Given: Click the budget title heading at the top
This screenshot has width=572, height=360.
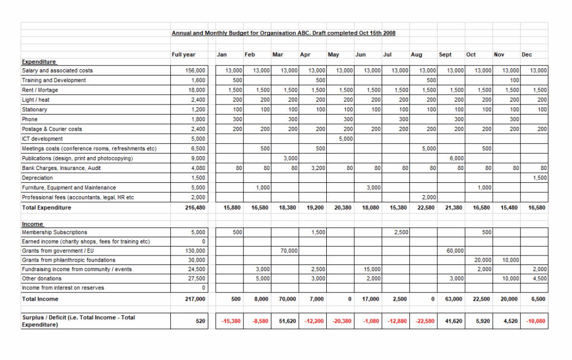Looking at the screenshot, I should pyautogui.click(x=283, y=34).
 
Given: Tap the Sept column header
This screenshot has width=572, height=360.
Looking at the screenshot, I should pyautogui.click(x=445, y=55).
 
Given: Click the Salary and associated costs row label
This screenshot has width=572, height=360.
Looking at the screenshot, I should pyautogui.click(x=58, y=70).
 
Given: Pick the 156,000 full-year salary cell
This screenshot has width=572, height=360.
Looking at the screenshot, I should pyautogui.click(x=196, y=70).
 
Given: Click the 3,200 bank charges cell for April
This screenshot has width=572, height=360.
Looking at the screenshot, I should pyautogui.click(x=317, y=168).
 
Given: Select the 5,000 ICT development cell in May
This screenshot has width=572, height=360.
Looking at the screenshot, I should pyautogui.click(x=345, y=139).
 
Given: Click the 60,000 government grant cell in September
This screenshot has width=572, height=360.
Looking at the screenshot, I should pyautogui.click(x=455, y=251).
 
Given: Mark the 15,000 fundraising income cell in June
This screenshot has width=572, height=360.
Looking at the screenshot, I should pyautogui.click(x=371, y=269).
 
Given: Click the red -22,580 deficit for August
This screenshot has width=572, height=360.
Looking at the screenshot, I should pyautogui.click(x=426, y=321).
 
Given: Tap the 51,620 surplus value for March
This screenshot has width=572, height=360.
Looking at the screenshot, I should pyautogui.click(x=287, y=321).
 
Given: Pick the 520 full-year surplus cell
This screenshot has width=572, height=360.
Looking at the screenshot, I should pyautogui.click(x=200, y=321).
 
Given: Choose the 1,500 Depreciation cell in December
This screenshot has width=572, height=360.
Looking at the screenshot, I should pyautogui.click(x=538, y=178).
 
